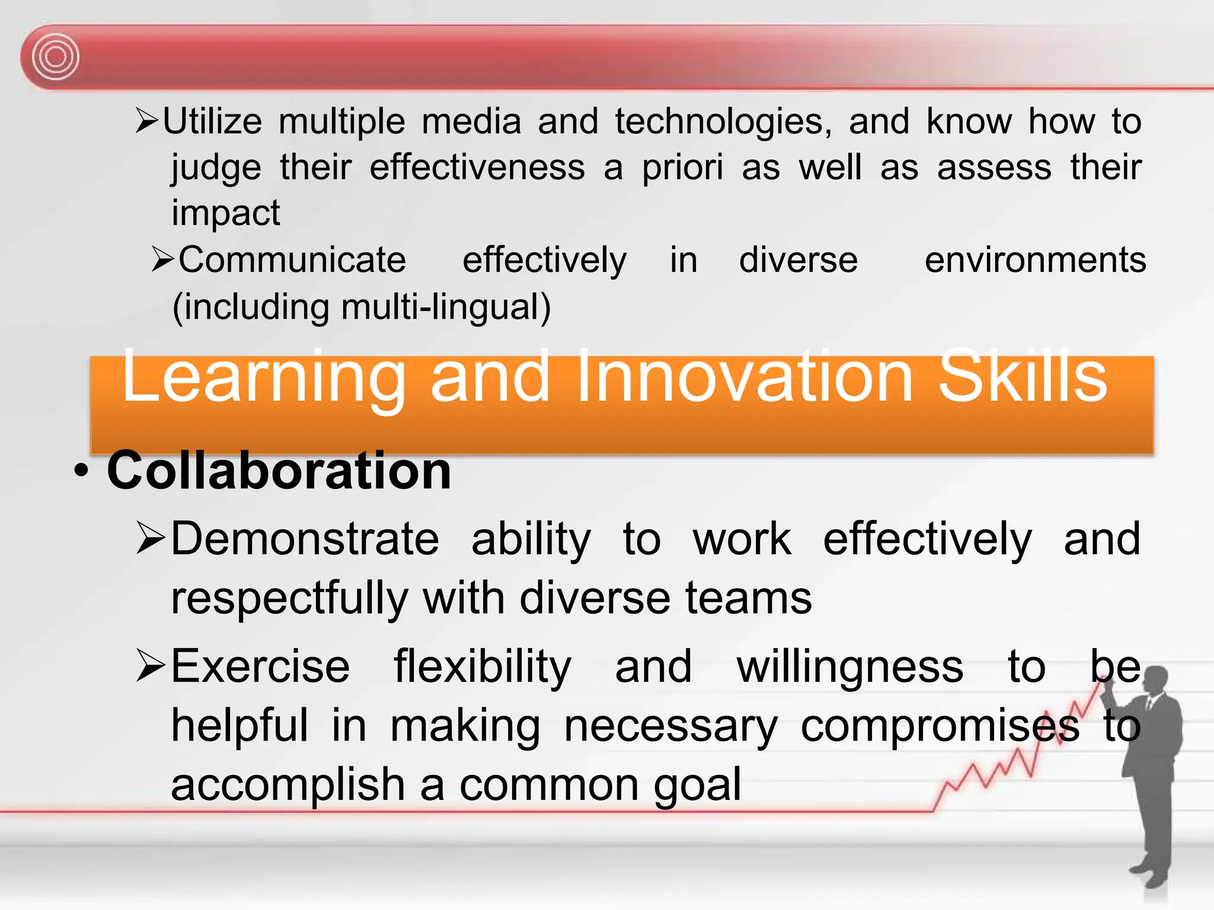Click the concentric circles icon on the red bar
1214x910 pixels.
[55, 57]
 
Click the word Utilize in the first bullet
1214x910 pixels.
[212, 122]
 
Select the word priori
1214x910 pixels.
[682, 168]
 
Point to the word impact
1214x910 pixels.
[225, 213]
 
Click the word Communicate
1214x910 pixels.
[292, 260]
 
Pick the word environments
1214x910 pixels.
[1035, 260]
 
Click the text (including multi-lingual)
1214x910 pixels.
[362, 307]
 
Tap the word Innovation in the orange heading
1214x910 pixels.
[744, 377]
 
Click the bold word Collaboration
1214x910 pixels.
[279, 470]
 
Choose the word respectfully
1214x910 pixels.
[289, 598]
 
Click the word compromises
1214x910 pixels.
[940, 726]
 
